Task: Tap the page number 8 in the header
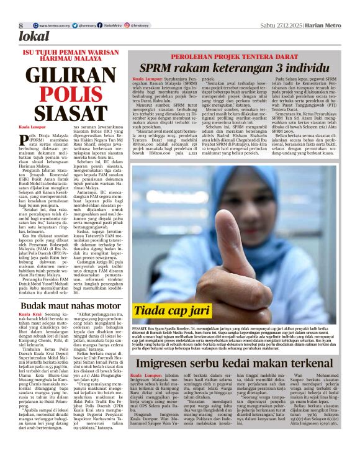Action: coord(20,25)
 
